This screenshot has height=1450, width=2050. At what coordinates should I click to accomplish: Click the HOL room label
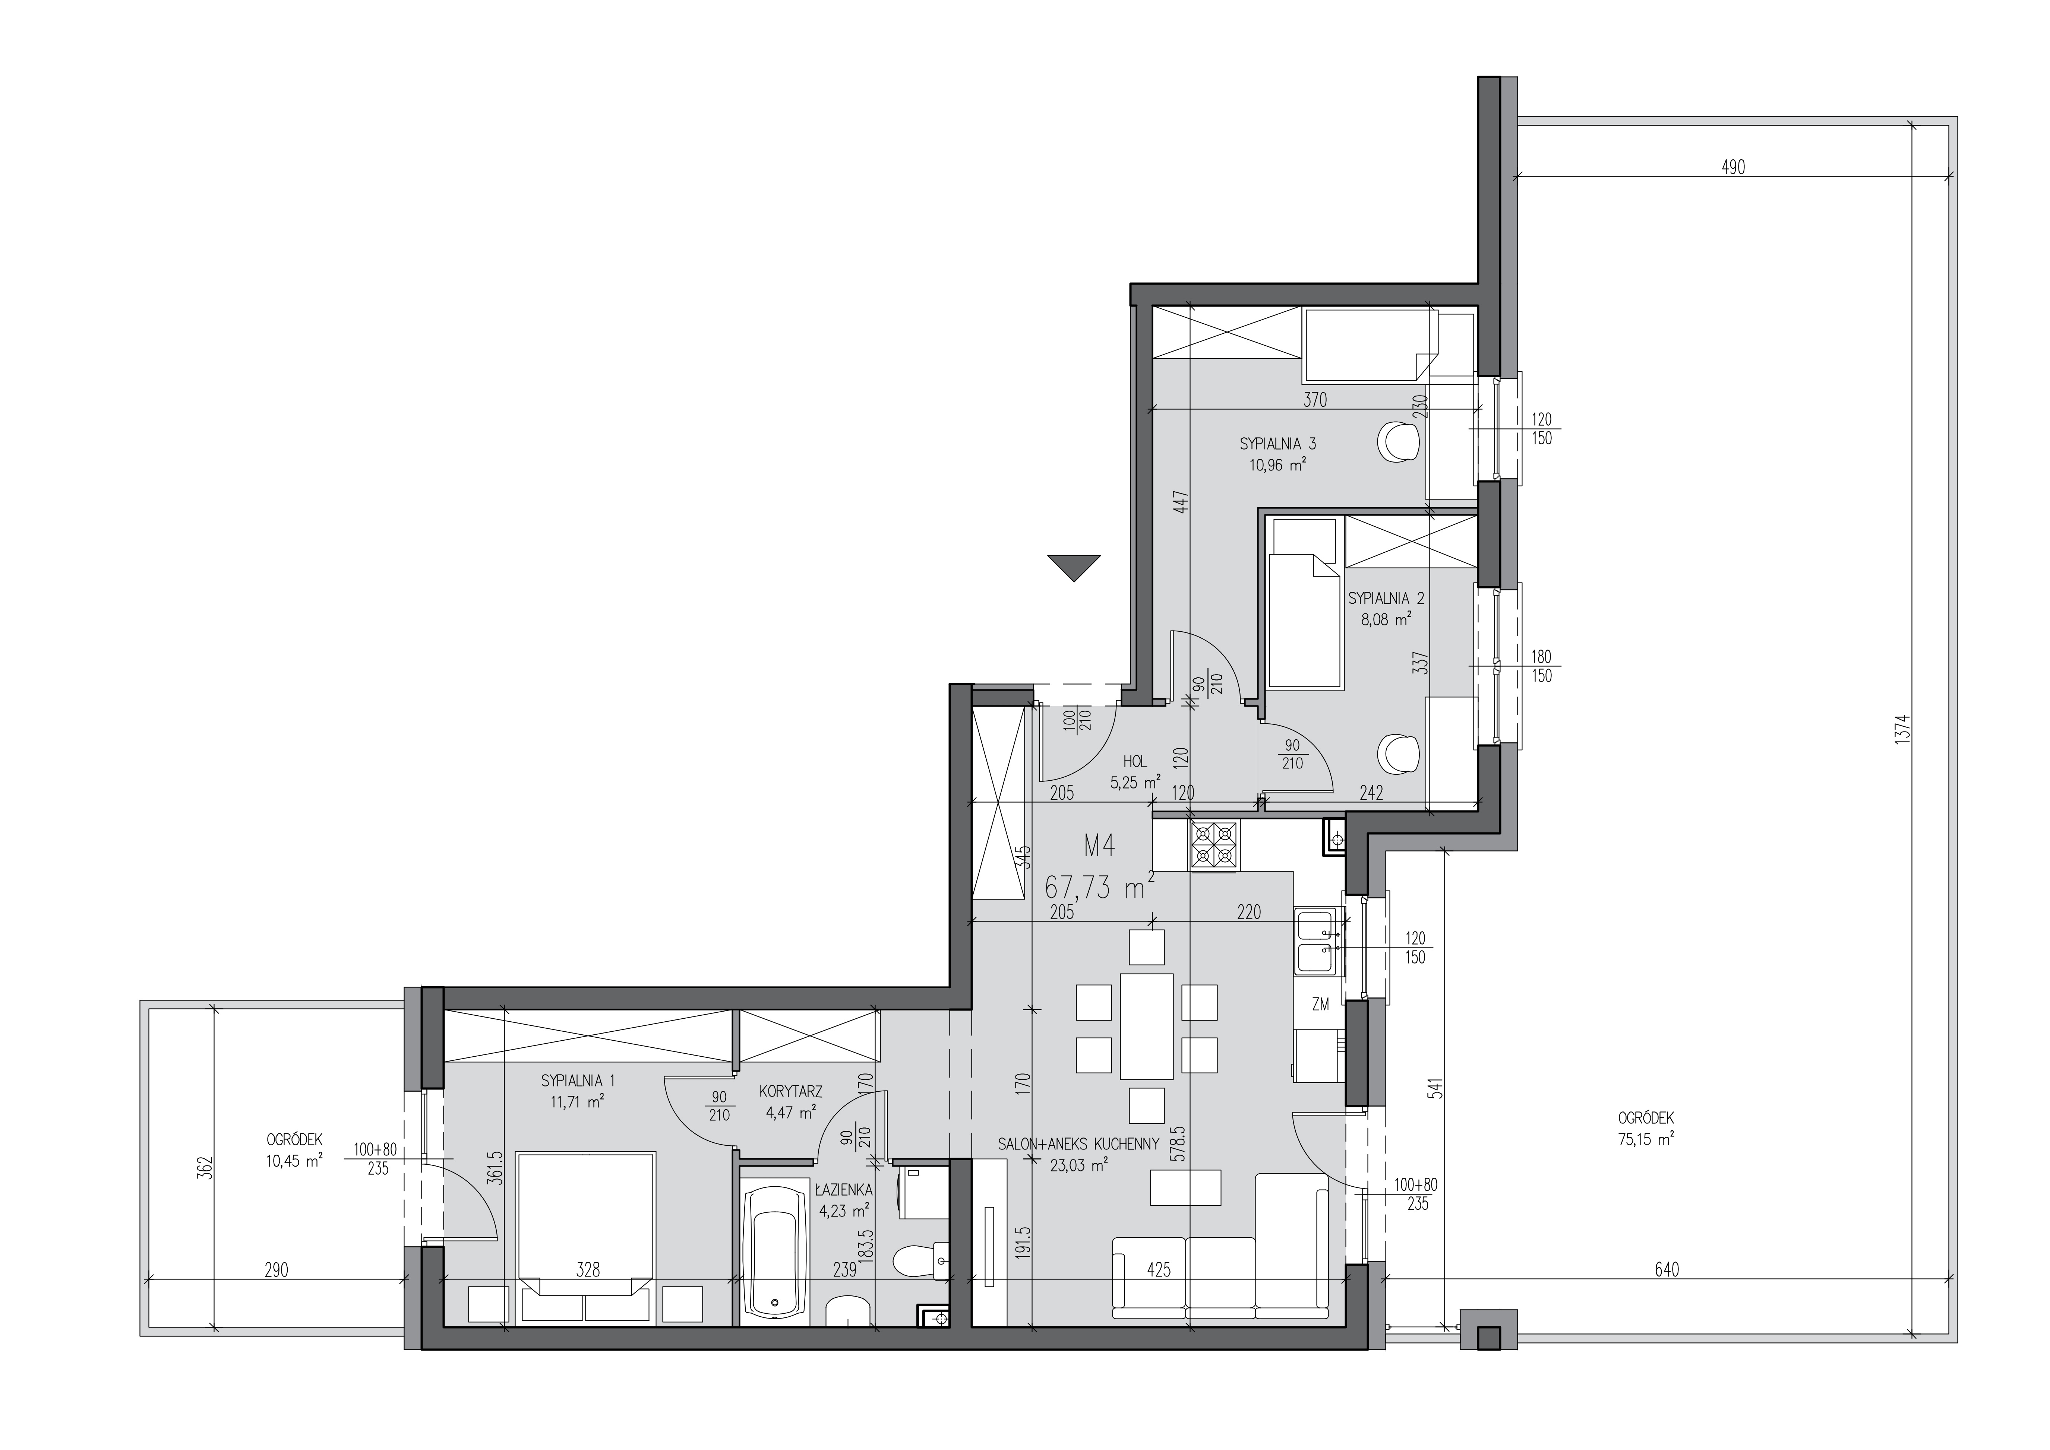1135,762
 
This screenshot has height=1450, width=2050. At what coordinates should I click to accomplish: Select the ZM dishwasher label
1320,1005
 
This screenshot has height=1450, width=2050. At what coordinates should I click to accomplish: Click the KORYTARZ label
790,1091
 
